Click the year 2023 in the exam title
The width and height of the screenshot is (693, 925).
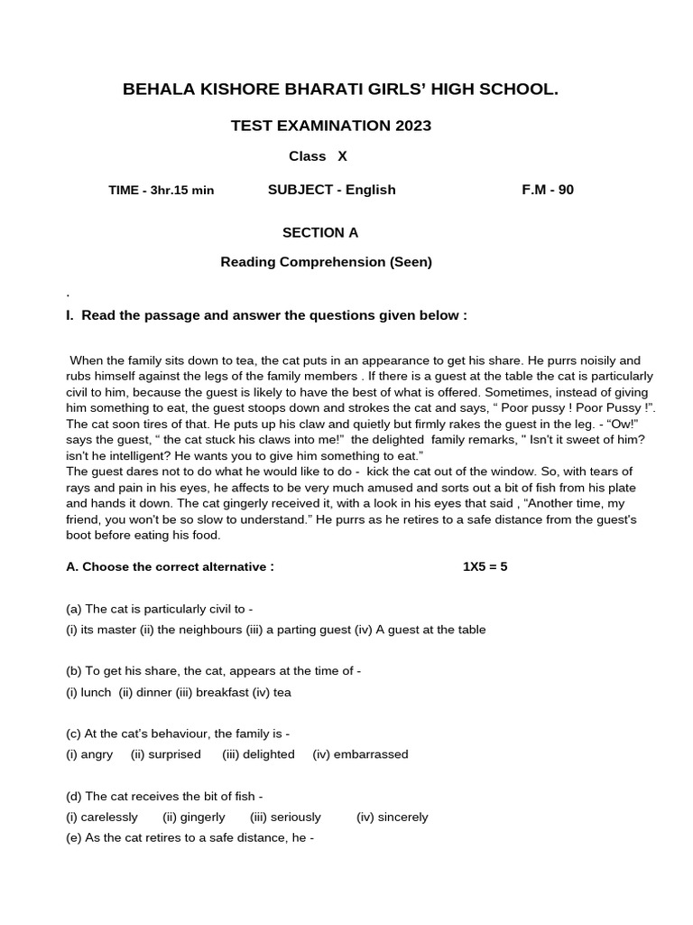tap(412, 126)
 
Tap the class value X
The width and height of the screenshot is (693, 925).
tap(342, 156)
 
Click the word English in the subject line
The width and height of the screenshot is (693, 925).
tap(370, 190)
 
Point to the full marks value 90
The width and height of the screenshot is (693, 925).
tap(565, 190)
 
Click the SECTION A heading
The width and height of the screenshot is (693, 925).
tap(320, 233)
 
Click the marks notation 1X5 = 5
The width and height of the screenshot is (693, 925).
tap(485, 567)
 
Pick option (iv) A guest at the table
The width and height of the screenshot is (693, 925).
tap(431, 630)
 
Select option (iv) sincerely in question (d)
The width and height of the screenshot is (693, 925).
tap(393, 817)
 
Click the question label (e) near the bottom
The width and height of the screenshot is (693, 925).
tap(74, 837)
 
